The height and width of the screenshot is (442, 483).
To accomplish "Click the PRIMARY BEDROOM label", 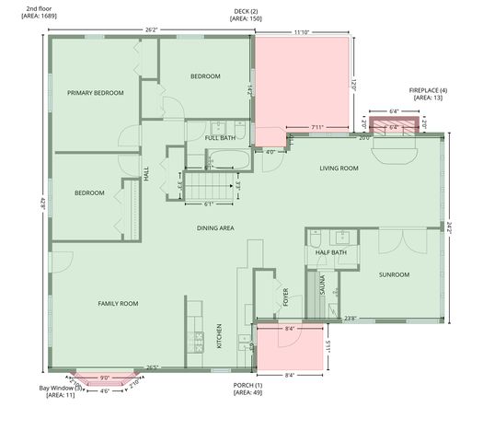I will point(96,93).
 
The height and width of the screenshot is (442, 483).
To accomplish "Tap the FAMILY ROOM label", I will point(118,303).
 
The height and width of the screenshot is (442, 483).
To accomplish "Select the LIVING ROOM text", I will point(339,169).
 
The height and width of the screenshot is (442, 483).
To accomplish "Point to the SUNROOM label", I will point(394,274).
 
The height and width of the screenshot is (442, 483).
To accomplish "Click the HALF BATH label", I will point(331,252).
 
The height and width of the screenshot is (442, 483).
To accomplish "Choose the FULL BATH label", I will point(220,138).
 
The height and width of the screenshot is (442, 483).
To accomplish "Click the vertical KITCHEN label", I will point(219,335).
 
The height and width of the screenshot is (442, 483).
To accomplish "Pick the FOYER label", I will point(285,297).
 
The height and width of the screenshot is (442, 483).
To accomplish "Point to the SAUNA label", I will point(323,284).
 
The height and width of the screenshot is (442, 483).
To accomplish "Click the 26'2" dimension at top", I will point(152,29).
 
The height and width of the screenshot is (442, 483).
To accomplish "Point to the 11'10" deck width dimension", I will point(301,32).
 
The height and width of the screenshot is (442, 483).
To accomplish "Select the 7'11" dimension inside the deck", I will point(317,127).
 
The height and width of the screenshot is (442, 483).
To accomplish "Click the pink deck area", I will point(304,78).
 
